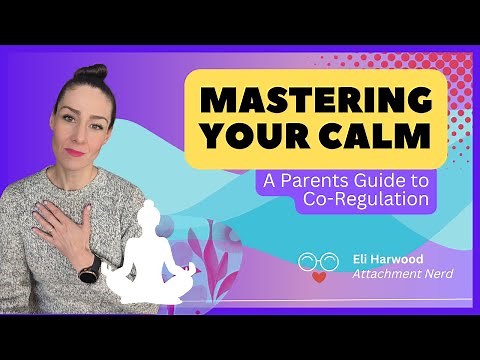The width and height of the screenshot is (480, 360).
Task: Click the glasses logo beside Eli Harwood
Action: pyautogui.click(x=313, y=262)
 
